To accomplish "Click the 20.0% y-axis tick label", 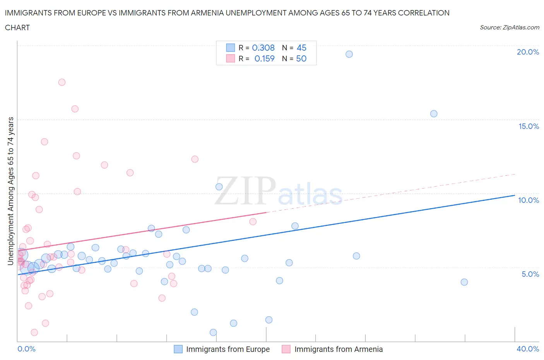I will (x=528, y=52).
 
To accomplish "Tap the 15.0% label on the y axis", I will (x=529, y=126).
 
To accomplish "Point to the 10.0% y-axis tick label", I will (x=529, y=200).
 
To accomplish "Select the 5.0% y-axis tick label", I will (x=530, y=274).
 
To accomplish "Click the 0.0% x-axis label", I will (x=26, y=349).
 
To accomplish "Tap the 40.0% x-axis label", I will (x=528, y=349).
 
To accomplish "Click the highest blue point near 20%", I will (x=349, y=54).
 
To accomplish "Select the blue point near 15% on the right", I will (x=434, y=114).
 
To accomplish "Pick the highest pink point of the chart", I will (x=62, y=82).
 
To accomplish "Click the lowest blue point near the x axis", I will (x=213, y=333).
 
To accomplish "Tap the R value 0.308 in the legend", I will (x=263, y=48).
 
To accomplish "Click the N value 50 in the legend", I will (x=301, y=58).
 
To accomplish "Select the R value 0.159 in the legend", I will (x=264, y=58).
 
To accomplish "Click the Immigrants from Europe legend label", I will (x=228, y=349).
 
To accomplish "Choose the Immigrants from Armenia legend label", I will (x=339, y=349).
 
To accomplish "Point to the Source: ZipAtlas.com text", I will (x=509, y=27).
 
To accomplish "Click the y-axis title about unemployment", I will (x=10, y=191).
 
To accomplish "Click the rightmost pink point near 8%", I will (x=253, y=222).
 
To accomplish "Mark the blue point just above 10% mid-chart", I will (x=219, y=187).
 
